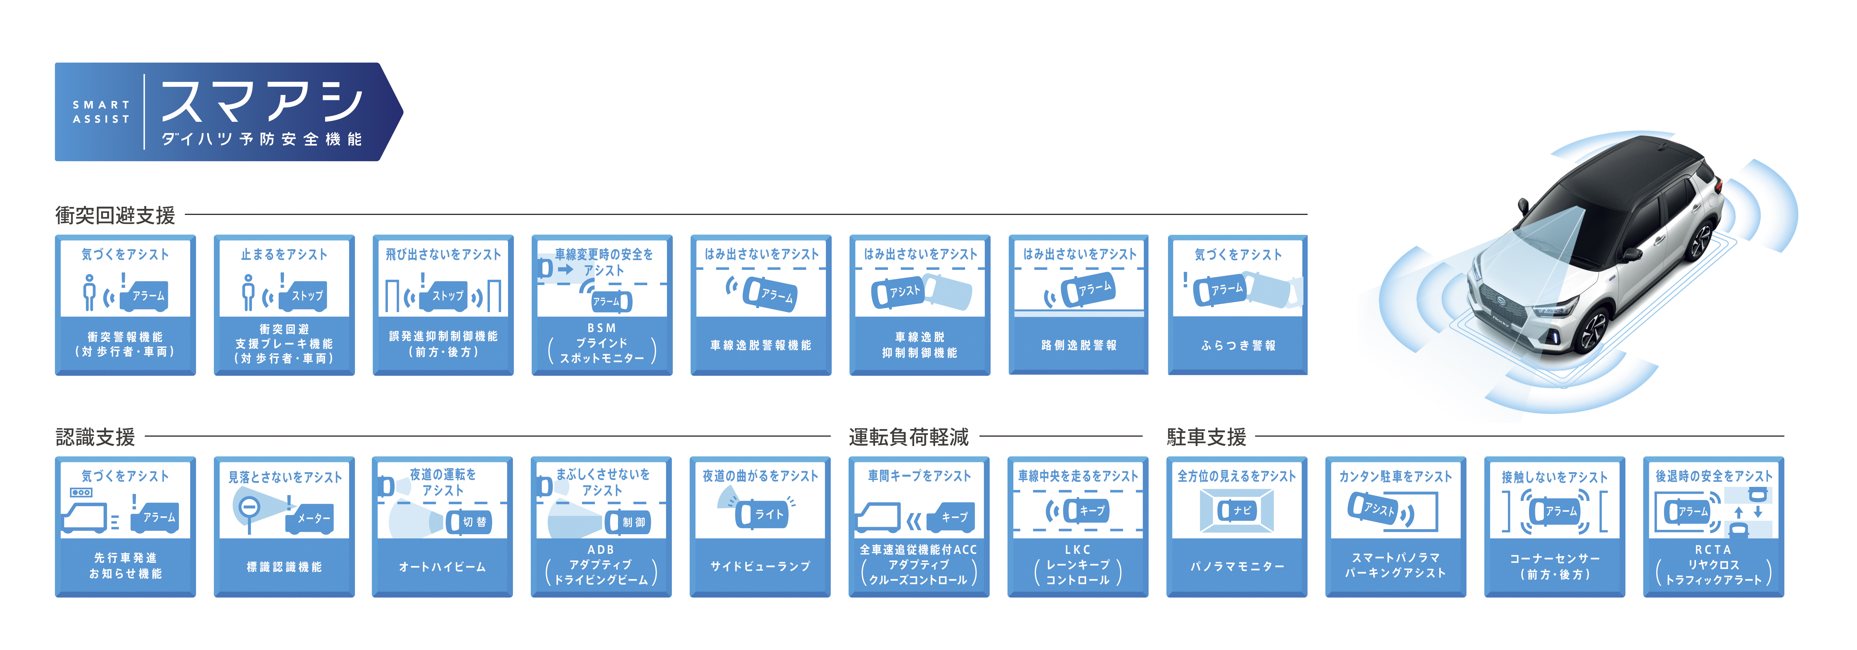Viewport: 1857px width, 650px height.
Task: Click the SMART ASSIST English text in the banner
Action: (x=101, y=112)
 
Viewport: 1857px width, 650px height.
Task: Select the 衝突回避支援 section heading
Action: (x=115, y=215)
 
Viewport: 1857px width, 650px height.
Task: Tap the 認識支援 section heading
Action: (x=95, y=437)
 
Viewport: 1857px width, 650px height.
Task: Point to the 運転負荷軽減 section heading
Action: (x=908, y=437)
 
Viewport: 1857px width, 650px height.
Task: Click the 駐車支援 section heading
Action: (x=1206, y=437)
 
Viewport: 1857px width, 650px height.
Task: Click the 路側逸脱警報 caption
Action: (x=1078, y=346)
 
